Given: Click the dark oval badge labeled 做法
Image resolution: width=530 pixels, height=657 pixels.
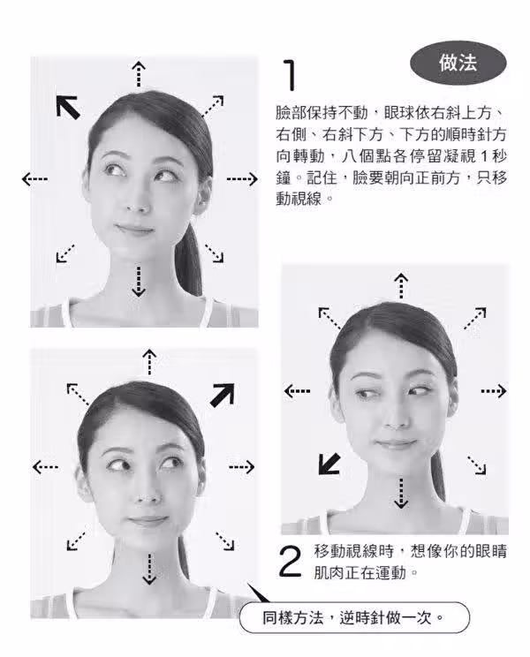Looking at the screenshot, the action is [x=458, y=63].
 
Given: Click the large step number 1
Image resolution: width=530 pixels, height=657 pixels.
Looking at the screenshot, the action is [x=290, y=75].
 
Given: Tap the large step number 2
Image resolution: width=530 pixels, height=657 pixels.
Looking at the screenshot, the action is [x=290, y=562].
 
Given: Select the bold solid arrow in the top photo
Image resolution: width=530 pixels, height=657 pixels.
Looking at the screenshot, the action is [x=68, y=107].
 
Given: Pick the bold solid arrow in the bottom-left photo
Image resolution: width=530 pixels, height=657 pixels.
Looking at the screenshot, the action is [x=222, y=395].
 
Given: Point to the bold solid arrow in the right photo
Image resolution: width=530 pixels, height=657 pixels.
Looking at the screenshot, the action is [x=329, y=464].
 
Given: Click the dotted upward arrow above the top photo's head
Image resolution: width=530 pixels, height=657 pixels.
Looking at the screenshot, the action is [x=139, y=74].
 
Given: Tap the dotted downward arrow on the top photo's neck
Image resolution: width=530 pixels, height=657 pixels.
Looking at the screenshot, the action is [x=139, y=281].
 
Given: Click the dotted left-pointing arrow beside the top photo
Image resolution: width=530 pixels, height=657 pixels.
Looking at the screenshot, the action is [x=34, y=179].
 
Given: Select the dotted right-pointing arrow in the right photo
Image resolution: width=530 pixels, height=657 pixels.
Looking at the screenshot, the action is [x=494, y=391].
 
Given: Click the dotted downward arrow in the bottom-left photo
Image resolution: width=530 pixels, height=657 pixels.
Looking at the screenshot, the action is [x=149, y=569].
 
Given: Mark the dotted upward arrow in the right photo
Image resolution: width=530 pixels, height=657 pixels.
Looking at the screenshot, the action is [x=401, y=286].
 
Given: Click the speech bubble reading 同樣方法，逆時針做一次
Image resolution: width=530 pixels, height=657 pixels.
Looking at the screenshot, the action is [x=354, y=617].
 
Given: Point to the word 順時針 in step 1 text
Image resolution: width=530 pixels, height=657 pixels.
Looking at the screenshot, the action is [x=458, y=134].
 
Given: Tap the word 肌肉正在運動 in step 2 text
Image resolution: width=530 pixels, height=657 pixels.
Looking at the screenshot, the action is [x=360, y=572].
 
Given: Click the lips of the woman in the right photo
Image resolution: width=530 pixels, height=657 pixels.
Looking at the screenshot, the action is [x=395, y=443].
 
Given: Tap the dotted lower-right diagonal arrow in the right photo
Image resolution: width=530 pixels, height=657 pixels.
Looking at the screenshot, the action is [x=476, y=464].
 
